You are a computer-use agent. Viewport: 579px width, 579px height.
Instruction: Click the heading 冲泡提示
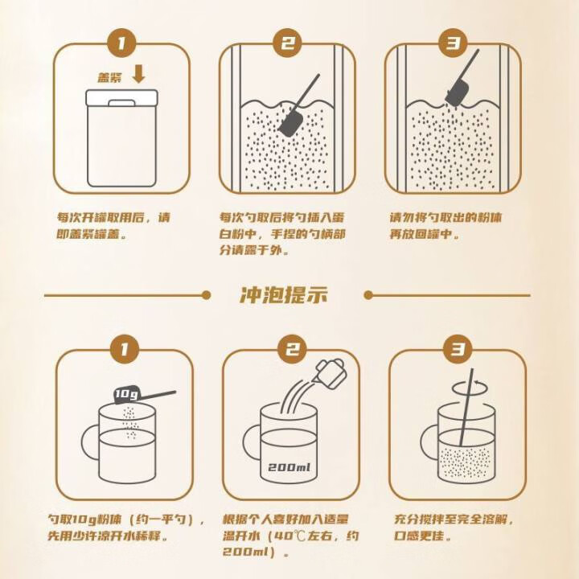click(283, 294)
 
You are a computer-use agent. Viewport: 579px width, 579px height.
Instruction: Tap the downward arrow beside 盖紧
click(138, 75)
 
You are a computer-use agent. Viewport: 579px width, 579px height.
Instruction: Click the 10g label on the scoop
click(125, 394)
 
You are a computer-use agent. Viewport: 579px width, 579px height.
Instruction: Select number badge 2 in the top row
click(287, 43)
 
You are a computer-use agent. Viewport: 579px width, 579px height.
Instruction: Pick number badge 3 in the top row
click(454, 43)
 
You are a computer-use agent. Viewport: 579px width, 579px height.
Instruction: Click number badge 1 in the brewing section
click(123, 349)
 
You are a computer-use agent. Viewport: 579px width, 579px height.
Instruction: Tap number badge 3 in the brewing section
click(457, 349)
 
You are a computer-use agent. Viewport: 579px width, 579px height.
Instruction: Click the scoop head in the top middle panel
click(289, 121)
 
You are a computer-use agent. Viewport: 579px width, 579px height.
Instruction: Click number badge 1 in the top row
click(121, 43)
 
